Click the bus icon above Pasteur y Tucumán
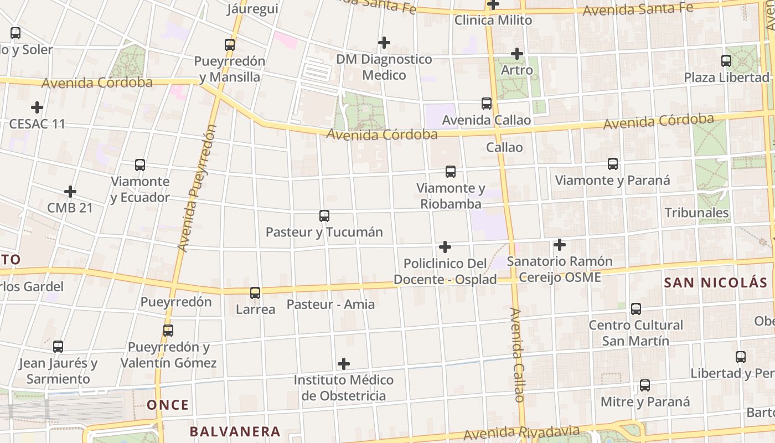pyautogui.click(x=324, y=215)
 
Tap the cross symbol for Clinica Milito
pyautogui.click(x=493, y=4)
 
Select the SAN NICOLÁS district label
pyautogui.click(x=716, y=282)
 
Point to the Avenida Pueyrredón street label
pyautogui.click(x=195, y=188)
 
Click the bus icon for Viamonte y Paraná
pyautogui.click(x=612, y=163)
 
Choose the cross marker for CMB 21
pyautogui.click(x=70, y=192)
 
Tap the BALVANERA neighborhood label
pyautogui.click(x=235, y=431)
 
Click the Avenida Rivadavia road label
pyautogui.click(x=521, y=432)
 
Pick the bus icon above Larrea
pyautogui.click(x=255, y=292)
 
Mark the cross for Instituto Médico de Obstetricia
pyautogui.click(x=344, y=364)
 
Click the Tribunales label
pyautogui.click(x=696, y=213)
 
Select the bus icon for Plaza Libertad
pyautogui.click(x=726, y=61)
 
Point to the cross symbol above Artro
pyautogui.click(x=517, y=54)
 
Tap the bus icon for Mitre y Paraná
pyautogui.click(x=645, y=385)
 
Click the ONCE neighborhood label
pyautogui.click(x=168, y=405)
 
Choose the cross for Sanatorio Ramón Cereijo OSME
pyautogui.click(x=560, y=244)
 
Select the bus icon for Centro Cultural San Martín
pyautogui.click(x=636, y=308)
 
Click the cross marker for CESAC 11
pyautogui.click(x=37, y=107)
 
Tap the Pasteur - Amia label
pyautogui.click(x=330, y=304)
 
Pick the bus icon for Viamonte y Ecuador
pyautogui.click(x=140, y=164)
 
